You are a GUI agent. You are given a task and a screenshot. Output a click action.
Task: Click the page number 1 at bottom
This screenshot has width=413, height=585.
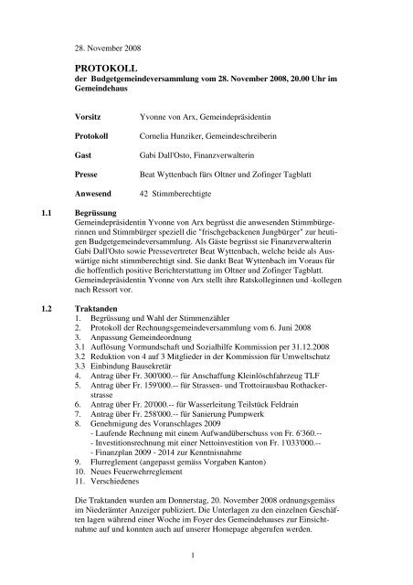[207, 559]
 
